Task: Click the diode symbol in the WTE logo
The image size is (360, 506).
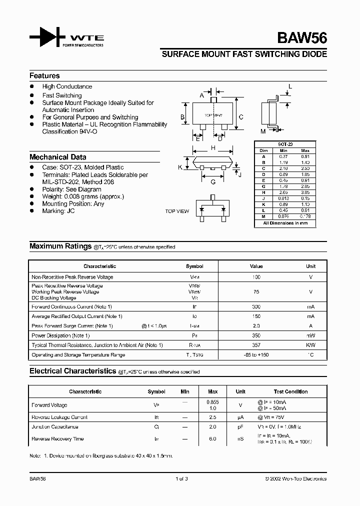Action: pos(48,38)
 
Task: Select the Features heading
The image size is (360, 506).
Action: pos(44,76)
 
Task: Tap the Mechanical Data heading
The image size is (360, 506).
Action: pos(57,157)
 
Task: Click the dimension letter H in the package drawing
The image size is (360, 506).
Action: pos(213,148)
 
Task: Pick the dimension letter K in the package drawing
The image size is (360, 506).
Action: pos(180,167)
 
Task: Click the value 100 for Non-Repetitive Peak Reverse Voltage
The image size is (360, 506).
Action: pos(256,277)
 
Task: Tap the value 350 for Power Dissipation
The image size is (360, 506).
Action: pos(256,335)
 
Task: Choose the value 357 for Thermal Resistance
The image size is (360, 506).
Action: pos(256,345)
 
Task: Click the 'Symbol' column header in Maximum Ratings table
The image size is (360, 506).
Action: pos(194,266)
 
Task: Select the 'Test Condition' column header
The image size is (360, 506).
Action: pos(290,391)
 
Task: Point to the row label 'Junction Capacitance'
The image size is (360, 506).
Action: pos(54,427)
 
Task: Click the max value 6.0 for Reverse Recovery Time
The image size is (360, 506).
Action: pos(212,439)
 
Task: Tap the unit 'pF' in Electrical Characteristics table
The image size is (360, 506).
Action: pos(240,427)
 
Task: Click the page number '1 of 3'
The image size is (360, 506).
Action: pos(181,479)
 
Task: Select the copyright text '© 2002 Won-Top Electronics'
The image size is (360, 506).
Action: pos(295,479)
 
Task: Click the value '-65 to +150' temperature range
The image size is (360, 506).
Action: pos(256,355)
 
